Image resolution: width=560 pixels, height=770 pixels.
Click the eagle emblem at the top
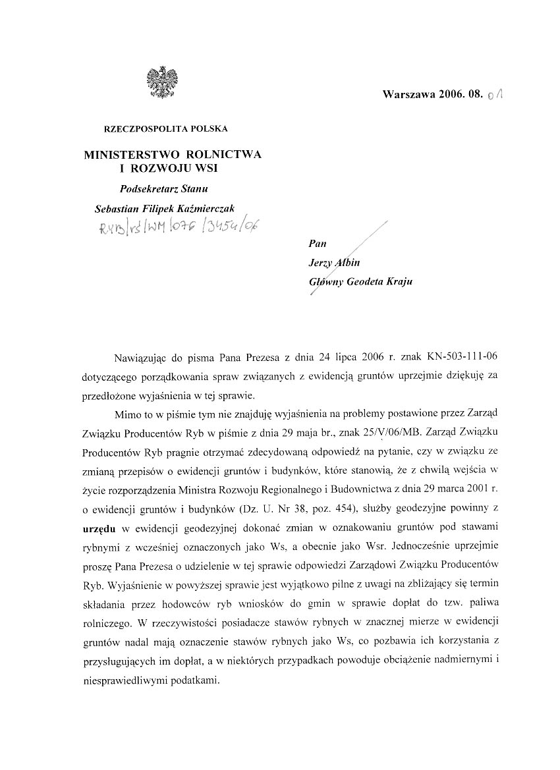click(x=158, y=82)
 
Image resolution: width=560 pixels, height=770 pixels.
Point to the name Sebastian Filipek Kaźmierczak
click(x=160, y=208)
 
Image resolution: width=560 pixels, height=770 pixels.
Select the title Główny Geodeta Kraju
click(x=362, y=281)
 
